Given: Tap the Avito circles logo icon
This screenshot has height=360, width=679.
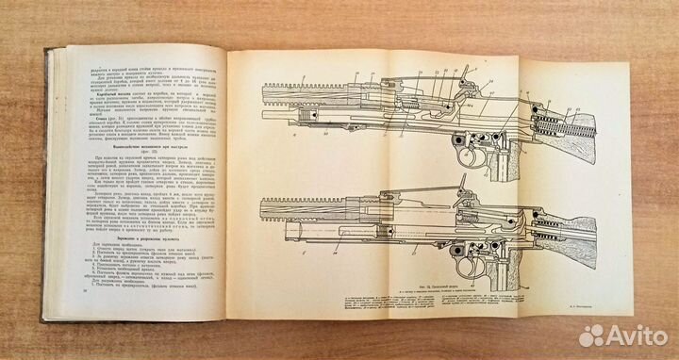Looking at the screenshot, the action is coord(593,335).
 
